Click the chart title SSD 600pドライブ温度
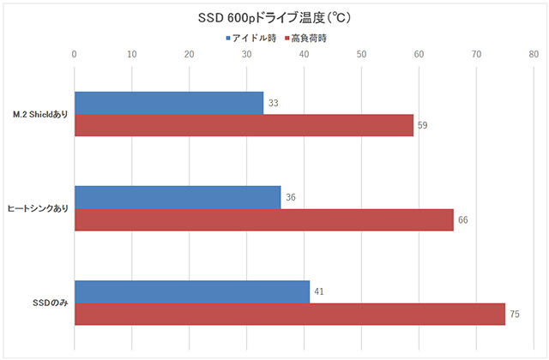(x=274, y=17)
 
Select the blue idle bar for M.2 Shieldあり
(x=169, y=103)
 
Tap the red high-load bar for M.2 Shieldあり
(x=244, y=125)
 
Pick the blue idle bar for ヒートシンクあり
(x=178, y=197)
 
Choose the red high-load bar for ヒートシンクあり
(x=263, y=220)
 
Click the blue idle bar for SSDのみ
(x=192, y=292)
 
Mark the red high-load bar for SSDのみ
(x=290, y=315)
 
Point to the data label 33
(x=274, y=103)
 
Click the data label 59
(x=423, y=126)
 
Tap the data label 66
(x=463, y=220)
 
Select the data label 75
(x=515, y=315)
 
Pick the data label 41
(x=319, y=292)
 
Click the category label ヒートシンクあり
(x=38, y=209)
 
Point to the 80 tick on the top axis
(x=534, y=55)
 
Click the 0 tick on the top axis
(x=75, y=55)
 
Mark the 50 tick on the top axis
(x=361, y=55)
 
